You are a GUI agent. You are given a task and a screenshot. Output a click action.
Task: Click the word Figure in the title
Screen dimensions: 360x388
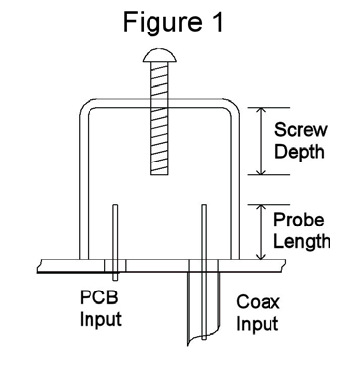click(162, 23)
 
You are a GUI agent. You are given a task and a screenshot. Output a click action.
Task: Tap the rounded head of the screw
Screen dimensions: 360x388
click(159, 55)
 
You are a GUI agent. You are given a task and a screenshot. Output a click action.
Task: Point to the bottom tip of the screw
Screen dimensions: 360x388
click(159, 174)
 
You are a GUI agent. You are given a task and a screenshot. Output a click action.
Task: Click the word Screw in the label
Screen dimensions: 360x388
click(301, 129)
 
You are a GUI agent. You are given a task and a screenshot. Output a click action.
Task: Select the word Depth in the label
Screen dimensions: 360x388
click(299, 152)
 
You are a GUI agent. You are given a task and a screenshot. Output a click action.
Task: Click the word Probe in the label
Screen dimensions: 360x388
click(298, 220)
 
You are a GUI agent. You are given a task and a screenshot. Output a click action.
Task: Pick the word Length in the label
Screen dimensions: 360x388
click(302, 242)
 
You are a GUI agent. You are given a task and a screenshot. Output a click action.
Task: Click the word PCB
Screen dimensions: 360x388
click(98, 297)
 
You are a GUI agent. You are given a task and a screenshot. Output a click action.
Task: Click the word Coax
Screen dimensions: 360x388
click(258, 302)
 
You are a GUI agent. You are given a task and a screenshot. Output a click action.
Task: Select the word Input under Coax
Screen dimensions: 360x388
click(258, 324)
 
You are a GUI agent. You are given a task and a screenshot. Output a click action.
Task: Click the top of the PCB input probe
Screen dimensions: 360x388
click(115, 205)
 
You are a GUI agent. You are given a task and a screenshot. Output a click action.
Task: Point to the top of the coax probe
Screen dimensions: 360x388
click(204, 205)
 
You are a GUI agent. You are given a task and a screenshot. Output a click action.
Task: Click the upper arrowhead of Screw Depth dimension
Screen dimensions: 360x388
click(261, 111)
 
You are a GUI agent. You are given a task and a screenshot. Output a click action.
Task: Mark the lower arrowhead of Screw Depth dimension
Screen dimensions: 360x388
click(261, 171)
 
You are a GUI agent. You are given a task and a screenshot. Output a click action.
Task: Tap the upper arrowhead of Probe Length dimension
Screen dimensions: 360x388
click(261, 208)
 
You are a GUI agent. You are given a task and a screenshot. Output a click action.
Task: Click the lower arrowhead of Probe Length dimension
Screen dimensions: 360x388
click(261, 256)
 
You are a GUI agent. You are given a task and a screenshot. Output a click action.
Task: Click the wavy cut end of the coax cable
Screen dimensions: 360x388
click(204, 338)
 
